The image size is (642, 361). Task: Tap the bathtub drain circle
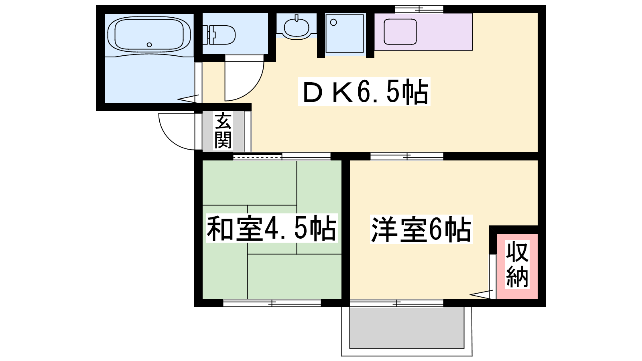click(149, 45)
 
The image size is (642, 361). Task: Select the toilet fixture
click(219, 35)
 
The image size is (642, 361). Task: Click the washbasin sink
click(297, 27)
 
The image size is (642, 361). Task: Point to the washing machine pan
click(345, 34)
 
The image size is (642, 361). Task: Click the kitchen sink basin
click(400, 32)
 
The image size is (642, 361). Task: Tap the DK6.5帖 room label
click(364, 92)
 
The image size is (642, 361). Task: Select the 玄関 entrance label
click(223, 131)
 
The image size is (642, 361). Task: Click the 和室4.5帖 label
click(271, 228)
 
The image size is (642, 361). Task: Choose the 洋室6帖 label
click(421, 229)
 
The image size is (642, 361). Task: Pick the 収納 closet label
click(517, 265)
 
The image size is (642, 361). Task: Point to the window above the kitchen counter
click(419, 9)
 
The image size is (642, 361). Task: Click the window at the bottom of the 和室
click(272, 303)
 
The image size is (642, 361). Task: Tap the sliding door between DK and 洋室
click(407, 156)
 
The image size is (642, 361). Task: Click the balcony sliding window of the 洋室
click(397, 303)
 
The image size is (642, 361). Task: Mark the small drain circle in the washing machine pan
click(333, 22)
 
